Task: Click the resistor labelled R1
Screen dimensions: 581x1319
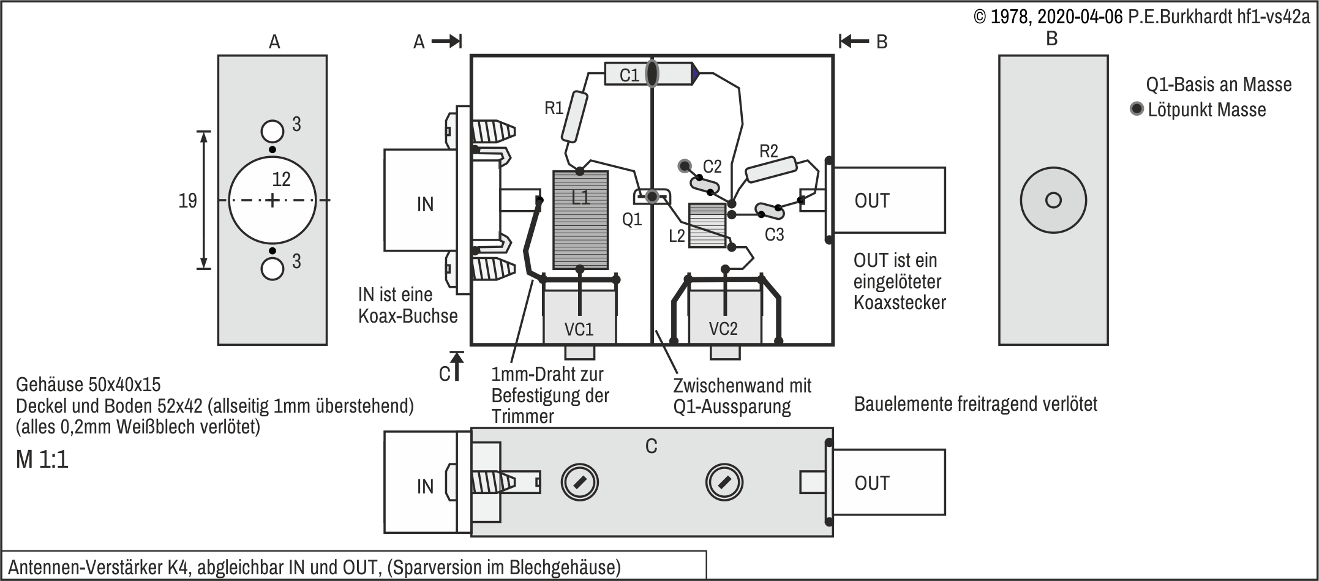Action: [574, 117]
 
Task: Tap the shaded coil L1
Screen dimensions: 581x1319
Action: [581, 220]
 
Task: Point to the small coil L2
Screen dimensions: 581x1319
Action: [707, 225]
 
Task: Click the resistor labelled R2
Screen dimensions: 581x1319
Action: [771, 170]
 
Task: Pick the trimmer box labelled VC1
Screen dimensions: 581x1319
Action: [579, 316]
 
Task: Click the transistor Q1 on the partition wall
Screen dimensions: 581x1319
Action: [652, 197]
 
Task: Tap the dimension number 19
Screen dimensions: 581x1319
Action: [187, 201]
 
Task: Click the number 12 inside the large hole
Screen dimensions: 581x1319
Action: [281, 179]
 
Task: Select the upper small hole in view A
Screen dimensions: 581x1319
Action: [272, 131]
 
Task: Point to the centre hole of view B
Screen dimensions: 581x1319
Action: [1053, 200]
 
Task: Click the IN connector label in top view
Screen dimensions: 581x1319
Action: [425, 204]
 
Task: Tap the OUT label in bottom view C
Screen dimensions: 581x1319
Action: [872, 483]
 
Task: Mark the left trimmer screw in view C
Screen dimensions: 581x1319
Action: [579, 482]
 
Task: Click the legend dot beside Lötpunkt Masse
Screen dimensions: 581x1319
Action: [1137, 110]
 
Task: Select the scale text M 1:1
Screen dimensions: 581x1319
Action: [42, 459]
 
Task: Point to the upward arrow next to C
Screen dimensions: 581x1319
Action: [457, 365]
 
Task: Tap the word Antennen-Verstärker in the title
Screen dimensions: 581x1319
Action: [85, 567]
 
